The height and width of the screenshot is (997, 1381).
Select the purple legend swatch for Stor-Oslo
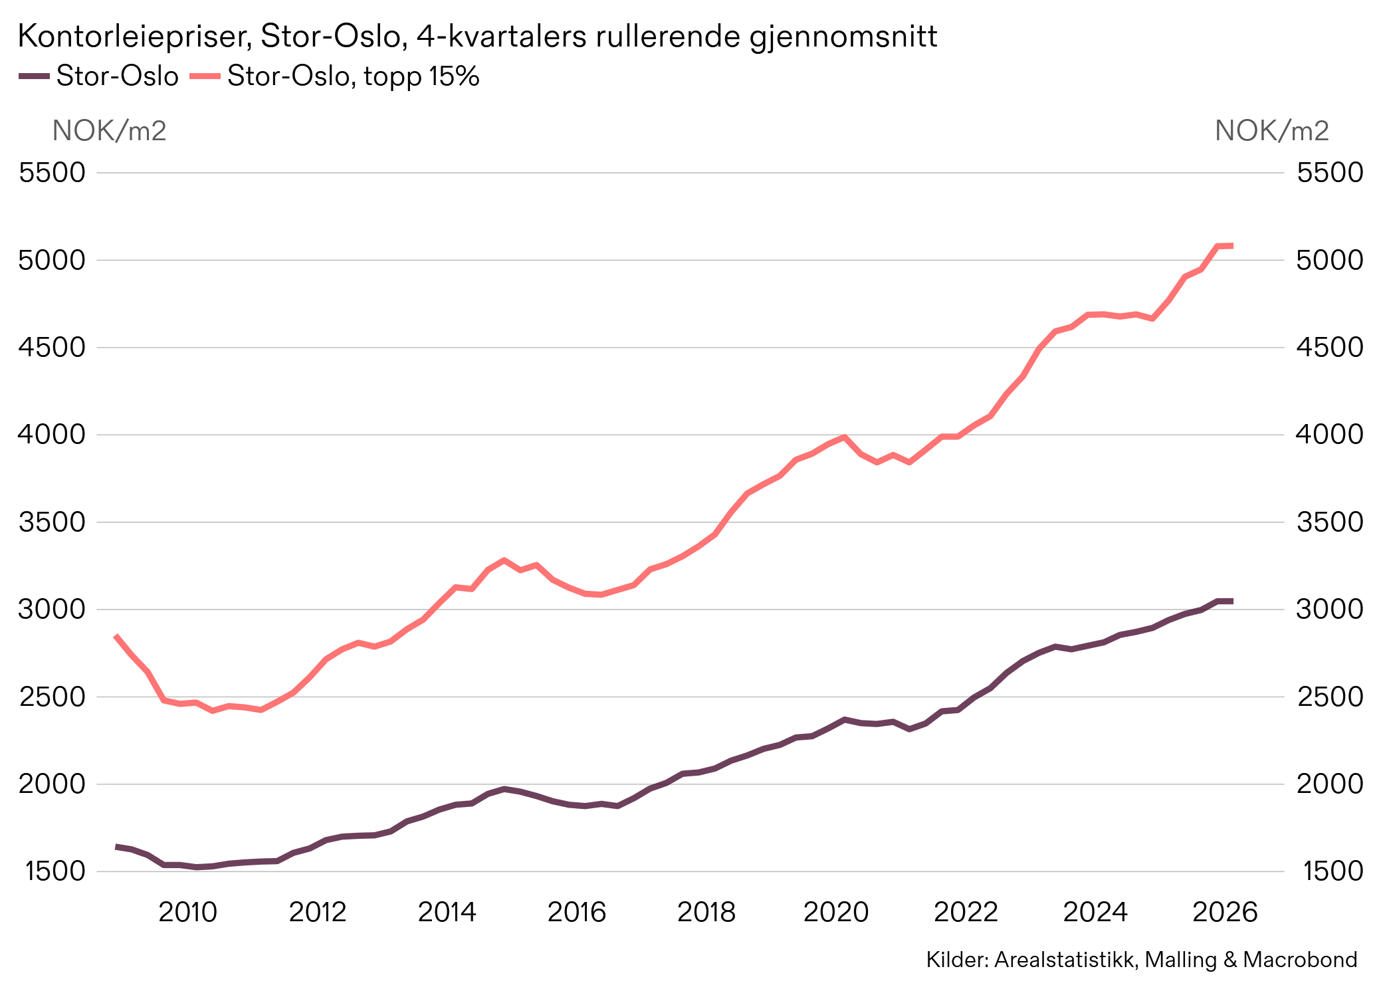(34, 76)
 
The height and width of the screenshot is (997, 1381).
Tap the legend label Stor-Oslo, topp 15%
(353, 76)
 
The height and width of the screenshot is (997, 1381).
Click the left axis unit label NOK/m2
(109, 131)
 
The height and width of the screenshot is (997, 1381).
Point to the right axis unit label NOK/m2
(1271, 131)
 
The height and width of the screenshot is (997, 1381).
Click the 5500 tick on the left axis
(53, 173)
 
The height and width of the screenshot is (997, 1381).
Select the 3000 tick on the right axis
(1329, 609)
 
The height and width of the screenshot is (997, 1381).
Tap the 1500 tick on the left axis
(55, 871)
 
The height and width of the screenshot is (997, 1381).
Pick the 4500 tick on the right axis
(1329, 347)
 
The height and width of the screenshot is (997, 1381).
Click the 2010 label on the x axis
(187, 912)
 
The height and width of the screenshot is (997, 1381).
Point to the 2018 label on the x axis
(706, 912)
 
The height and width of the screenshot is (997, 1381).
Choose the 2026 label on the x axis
(1225, 912)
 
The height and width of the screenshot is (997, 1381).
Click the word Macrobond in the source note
(1300, 960)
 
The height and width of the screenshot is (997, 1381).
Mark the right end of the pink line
(1231, 246)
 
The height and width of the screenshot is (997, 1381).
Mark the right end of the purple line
(1231, 601)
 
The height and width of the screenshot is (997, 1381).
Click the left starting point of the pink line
(116, 636)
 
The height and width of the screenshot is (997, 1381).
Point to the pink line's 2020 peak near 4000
(844, 437)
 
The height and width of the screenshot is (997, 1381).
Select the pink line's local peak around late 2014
(504, 560)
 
